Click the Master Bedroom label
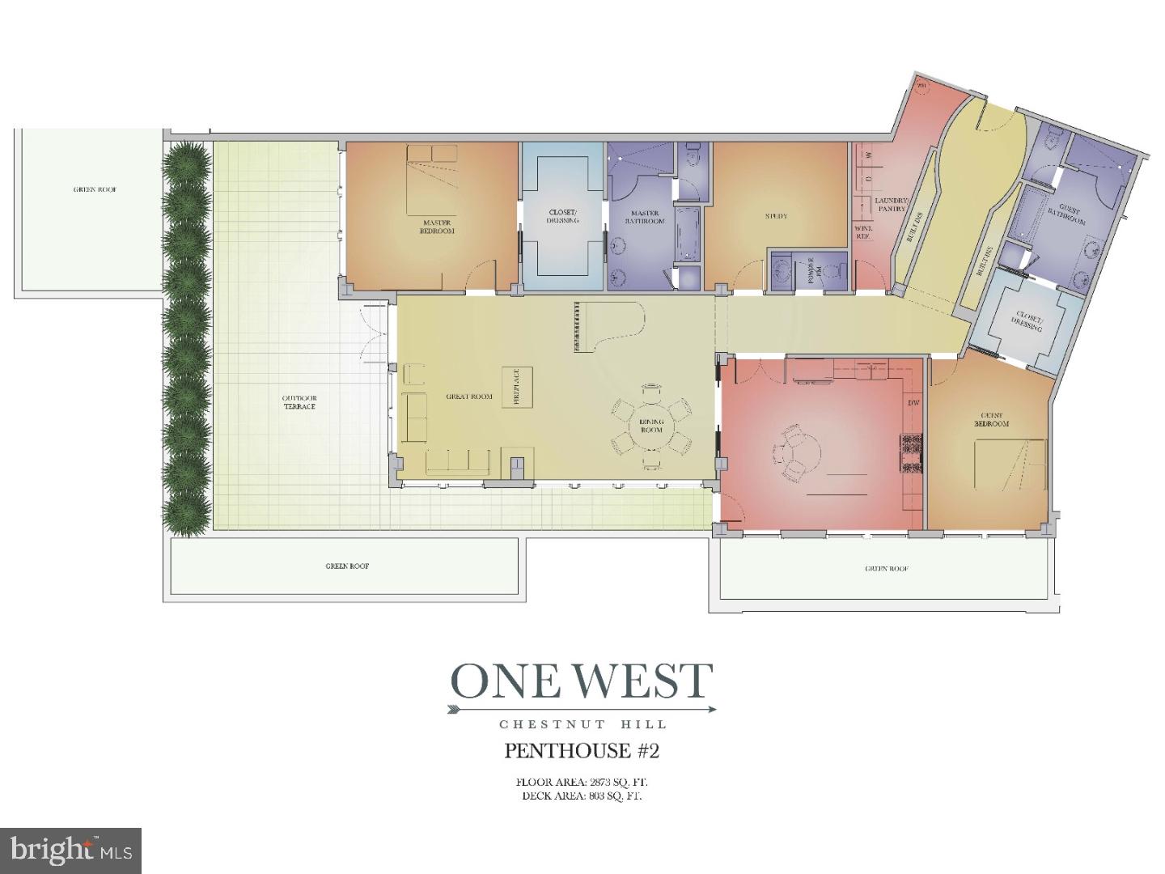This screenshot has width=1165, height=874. (x=437, y=227)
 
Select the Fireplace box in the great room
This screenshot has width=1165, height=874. (x=517, y=387)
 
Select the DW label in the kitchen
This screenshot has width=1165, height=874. (x=913, y=403)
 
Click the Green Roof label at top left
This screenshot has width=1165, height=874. (x=95, y=189)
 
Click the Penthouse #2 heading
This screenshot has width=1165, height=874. (x=582, y=751)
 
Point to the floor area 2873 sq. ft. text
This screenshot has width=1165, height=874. (x=582, y=783)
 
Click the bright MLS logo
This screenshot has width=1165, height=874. (x=71, y=851)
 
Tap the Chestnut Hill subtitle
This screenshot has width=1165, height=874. (x=582, y=724)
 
